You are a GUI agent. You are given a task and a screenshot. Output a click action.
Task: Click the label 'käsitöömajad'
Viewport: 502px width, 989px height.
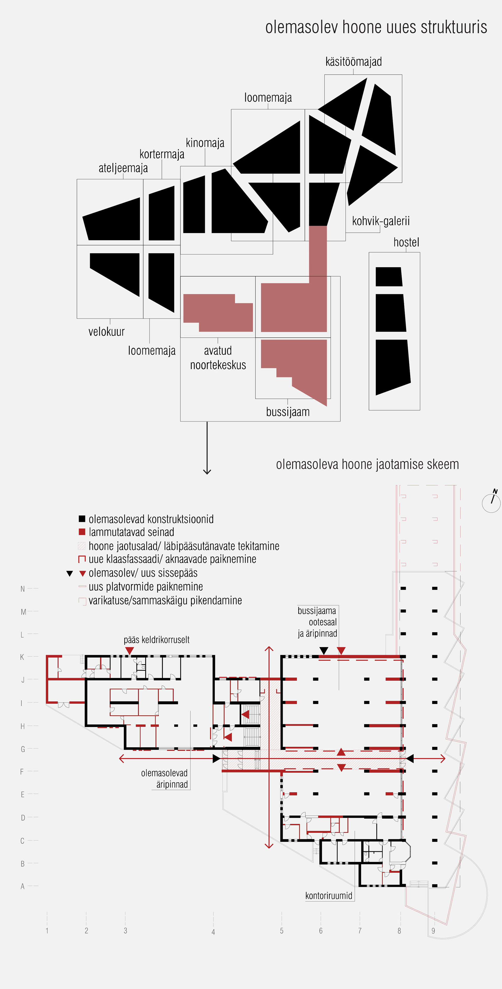pyautogui.click(x=353, y=62)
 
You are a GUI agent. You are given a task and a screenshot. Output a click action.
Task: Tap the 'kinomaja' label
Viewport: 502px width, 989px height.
pyautogui.click(x=205, y=143)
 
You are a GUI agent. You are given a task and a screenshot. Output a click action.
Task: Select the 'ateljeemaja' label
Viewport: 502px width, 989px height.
pyautogui.click(x=123, y=168)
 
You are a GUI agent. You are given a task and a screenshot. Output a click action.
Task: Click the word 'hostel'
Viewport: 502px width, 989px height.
pyautogui.click(x=406, y=242)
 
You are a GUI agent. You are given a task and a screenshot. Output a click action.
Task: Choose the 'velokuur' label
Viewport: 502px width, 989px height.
pyautogui.click(x=107, y=331)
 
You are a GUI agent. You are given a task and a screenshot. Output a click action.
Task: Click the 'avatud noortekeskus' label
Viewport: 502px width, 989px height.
pyautogui.click(x=218, y=357)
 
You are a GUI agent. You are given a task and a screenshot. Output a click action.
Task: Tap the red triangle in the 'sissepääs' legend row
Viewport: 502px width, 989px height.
pyautogui.click(x=82, y=574)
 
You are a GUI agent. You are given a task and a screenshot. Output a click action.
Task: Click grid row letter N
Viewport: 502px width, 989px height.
pyautogui.click(x=23, y=589)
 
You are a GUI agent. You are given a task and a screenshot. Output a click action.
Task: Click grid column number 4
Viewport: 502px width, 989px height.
pyautogui.click(x=213, y=932)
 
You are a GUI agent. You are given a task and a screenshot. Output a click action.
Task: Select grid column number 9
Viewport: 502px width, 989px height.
pyautogui.click(x=433, y=931)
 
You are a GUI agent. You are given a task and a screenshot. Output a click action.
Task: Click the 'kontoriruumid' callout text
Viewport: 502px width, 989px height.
pyautogui.click(x=329, y=896)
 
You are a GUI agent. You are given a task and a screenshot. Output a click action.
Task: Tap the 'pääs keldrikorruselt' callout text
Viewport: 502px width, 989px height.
pyautogui.click(x=156, y=640)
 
